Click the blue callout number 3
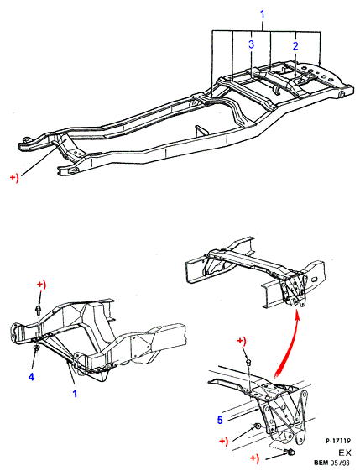tap(251, 44)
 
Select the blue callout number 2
tap(295, 46)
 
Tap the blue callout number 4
tap(31, 377)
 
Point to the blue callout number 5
tap(220, 420)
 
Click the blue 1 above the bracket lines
tap(263, 14)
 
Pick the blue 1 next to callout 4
tap(75, 394)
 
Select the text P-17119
tap(338, 441)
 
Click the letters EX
tap(345, 453)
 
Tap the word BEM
tap(321, 463)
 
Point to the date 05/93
tap(340, 463)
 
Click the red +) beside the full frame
tap(14, 178)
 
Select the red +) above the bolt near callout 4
tap(42, 285)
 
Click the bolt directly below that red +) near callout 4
tap(39, 310)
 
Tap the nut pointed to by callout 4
tap(36, 348)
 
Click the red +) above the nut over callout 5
tap(242, 342)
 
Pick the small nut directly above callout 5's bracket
tap(248, 362)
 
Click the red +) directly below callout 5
tap(223, 441)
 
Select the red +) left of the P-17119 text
tap(254, 458)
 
